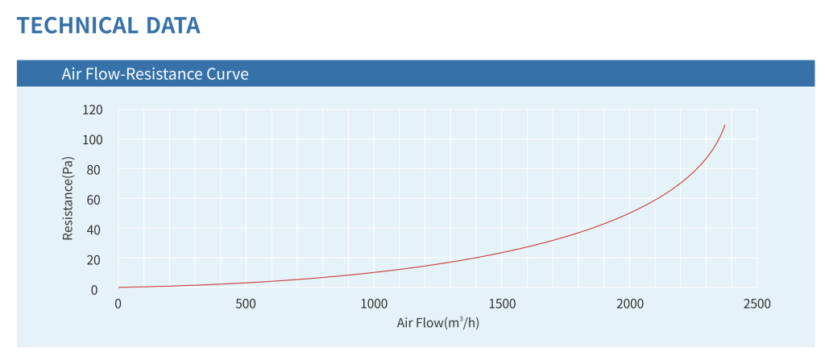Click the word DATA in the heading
point(172,25)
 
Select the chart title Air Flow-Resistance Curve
point(155,74)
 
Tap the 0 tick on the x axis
point(118,304)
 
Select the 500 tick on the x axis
point(246,304)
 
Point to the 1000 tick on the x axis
point(374,304)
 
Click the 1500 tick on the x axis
point(501,304)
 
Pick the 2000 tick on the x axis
point(629,304)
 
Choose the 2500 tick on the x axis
point(757,304)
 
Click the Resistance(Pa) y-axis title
point(68,199)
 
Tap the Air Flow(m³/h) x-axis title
point(438,324)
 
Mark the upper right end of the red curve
point(724,126)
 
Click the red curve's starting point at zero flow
point(119,287)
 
